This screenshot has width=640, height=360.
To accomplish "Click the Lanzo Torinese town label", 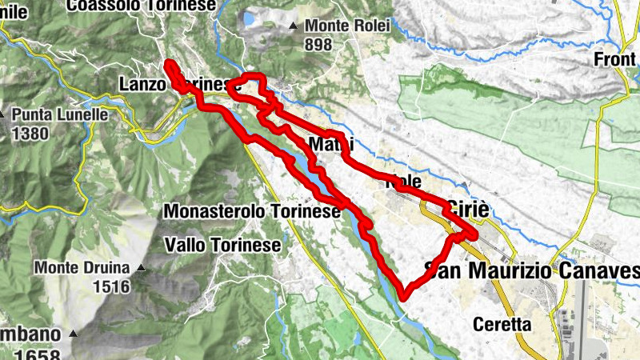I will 180,84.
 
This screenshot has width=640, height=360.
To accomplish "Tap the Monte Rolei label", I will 346,26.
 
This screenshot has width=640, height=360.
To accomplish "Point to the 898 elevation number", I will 318,45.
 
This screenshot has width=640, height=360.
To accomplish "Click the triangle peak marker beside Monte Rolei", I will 294,26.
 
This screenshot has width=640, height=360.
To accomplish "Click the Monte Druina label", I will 86,267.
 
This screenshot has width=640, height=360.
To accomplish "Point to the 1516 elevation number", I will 110,286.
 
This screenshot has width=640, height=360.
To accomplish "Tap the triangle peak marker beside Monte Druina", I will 142,267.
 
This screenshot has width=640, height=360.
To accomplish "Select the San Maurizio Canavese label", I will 532,271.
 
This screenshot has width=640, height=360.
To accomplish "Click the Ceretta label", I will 502,325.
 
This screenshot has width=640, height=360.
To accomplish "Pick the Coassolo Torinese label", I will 142,6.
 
